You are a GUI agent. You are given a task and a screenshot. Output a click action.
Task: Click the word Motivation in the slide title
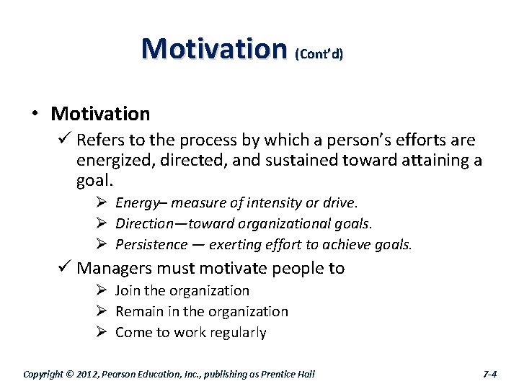[x=214, y=48]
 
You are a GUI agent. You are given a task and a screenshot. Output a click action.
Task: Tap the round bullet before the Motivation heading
[x=35, y=114]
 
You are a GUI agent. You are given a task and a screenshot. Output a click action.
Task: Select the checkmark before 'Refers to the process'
[x=65, y=140]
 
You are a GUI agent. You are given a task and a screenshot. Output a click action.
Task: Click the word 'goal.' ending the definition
[x=94, y=179]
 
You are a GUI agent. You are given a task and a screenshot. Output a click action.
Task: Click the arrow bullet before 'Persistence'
[x=102, y=245]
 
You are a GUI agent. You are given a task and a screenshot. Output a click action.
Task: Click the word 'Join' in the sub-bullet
[x=128, y=291]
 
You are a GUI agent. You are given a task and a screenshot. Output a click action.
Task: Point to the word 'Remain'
[x=138, y=312]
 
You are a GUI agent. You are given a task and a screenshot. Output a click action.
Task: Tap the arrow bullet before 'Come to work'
[x=102, y=332]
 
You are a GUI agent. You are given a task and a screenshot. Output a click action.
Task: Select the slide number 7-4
[x=489, y=374]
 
